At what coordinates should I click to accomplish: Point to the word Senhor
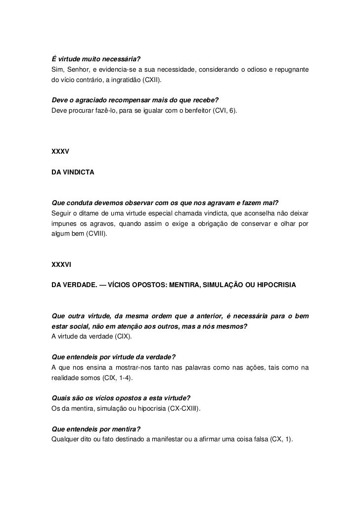point(75,69)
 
